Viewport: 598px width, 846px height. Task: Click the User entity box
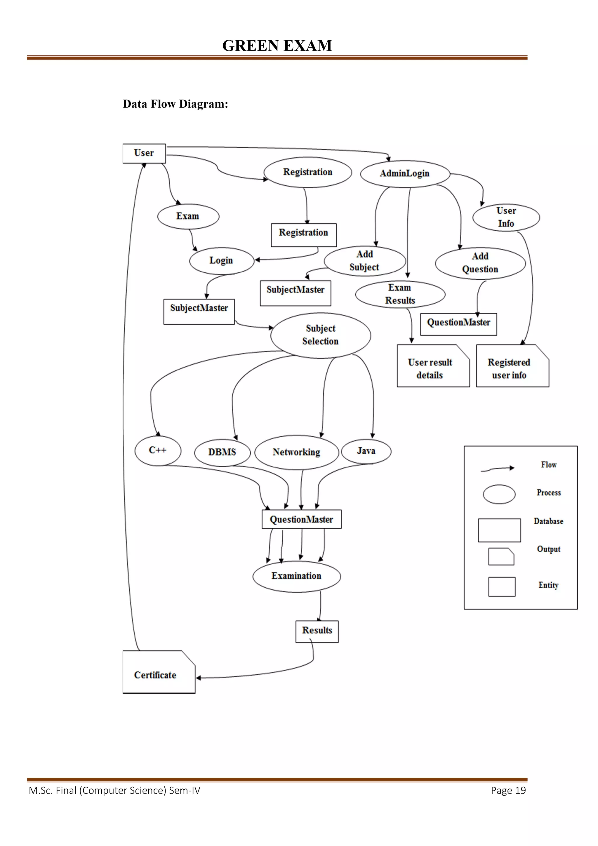144,153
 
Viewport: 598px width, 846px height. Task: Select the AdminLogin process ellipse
405,173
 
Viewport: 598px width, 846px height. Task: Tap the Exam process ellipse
188,216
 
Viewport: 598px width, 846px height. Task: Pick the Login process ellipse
221,260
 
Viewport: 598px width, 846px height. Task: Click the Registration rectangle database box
304,235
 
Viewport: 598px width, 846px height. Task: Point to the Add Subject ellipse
365,261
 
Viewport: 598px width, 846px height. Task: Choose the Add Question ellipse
480,263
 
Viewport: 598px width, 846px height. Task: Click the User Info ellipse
506,217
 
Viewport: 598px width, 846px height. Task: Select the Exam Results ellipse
400,294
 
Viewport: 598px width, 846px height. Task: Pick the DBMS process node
222,452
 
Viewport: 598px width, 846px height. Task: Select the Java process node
366,451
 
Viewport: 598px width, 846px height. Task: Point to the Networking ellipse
296,452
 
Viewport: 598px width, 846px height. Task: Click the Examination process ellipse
297,576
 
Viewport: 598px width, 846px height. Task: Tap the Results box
317,631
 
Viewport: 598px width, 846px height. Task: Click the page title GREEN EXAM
277,46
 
